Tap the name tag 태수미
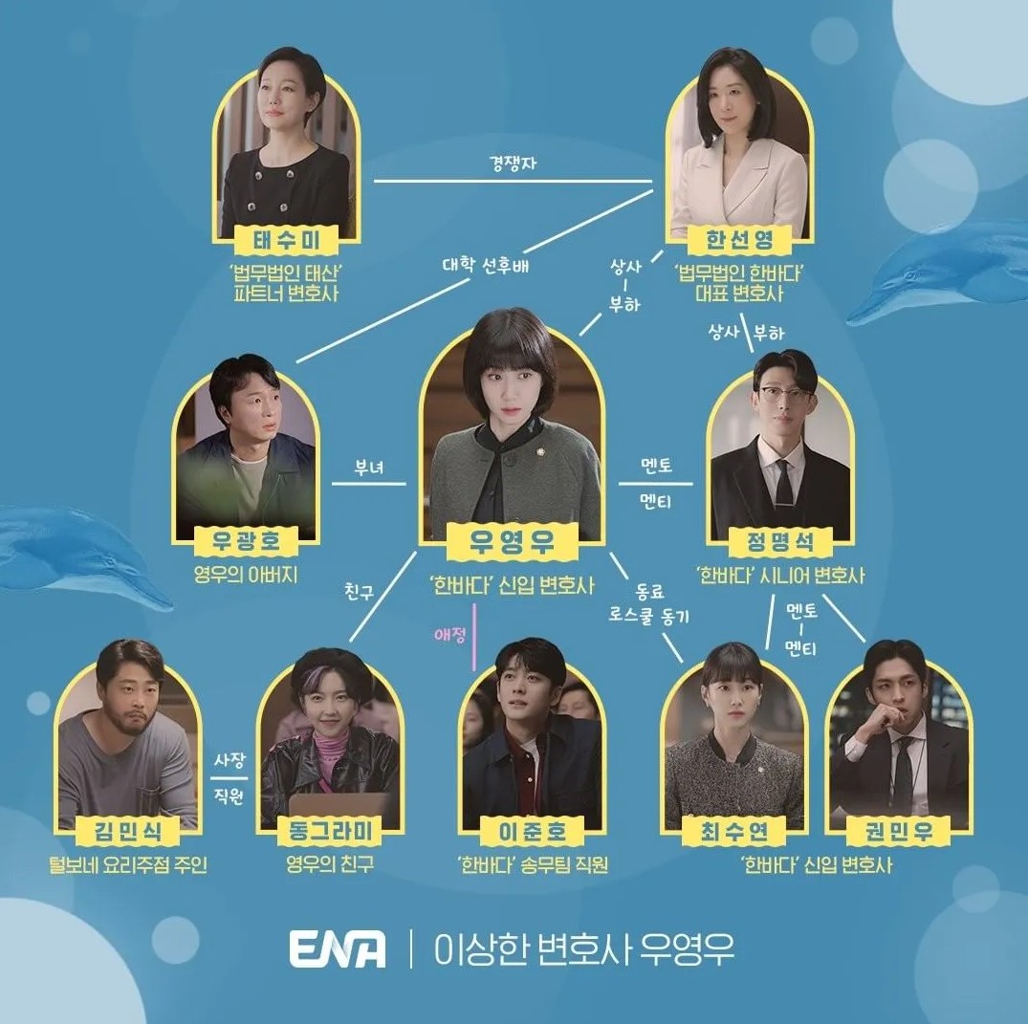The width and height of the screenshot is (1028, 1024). pos(287,238)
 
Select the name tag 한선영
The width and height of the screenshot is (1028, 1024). pos(737,238)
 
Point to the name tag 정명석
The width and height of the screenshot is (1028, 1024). pos(778,541)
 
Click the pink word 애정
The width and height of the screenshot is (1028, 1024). pos(449,632)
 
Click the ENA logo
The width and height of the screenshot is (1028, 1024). pos(338,948)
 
